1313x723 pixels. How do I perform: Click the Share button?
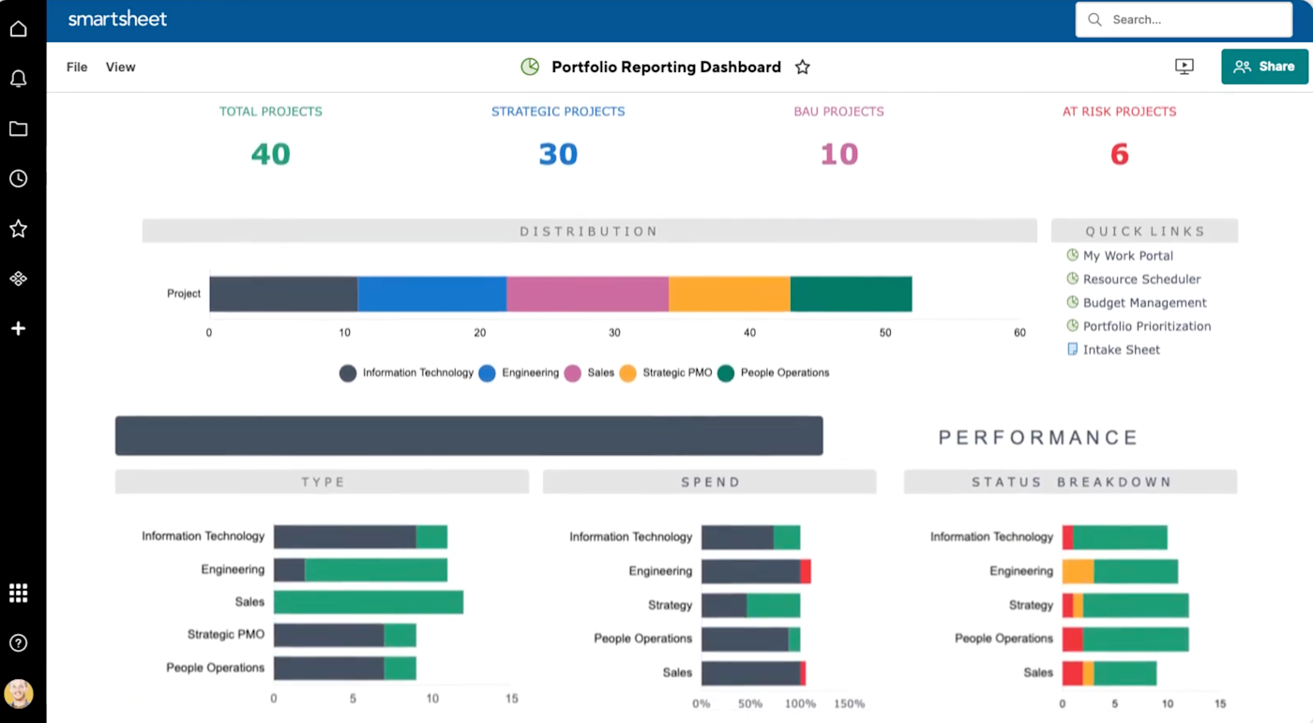[1264, 67]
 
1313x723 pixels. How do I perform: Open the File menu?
[77, 68]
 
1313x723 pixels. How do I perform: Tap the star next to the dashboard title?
[803, 68]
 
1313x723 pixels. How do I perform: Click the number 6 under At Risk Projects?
[1119, 155]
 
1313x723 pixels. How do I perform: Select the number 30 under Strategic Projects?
[558, 155]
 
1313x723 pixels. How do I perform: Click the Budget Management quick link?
[1144, 303]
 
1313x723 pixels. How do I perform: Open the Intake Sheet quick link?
[1121, 350]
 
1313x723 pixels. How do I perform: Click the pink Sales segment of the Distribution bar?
[587, 294]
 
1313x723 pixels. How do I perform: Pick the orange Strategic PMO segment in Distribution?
[730, 294]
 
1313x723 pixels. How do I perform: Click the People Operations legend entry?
[784, 373]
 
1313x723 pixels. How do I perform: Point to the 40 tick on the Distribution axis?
[749, 333]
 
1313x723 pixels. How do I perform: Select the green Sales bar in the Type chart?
[369, 602]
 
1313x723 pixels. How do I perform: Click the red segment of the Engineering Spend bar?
[806, 571]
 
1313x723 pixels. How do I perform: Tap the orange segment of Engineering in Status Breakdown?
[1078, 571]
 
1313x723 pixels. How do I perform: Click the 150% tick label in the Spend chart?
[848, 703]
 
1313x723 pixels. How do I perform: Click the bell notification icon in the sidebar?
[18, 79]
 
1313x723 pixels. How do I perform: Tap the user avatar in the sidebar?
[18, 694]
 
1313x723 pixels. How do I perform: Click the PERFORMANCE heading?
[1038, 438]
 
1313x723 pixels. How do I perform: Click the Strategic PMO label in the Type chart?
[225, 635]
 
